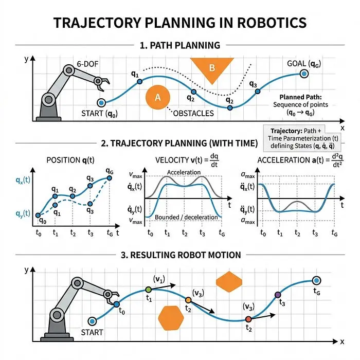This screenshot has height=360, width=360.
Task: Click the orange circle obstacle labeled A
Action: point(158,97)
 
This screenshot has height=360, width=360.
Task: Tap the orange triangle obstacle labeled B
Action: point(212,68)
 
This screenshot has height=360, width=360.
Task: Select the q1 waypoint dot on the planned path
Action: point(139,81)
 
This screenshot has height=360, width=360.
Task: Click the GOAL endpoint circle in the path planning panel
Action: point(304,74)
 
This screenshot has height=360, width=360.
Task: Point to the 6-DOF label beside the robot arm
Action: point(87,64)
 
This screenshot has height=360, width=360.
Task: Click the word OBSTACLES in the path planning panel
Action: point(193,114)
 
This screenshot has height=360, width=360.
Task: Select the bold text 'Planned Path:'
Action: point(300,97)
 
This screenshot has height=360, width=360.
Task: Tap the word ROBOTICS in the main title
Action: point(272,23)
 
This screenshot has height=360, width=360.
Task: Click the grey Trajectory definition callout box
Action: point(301,138)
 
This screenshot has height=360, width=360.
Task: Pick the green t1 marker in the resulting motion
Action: point(149,290)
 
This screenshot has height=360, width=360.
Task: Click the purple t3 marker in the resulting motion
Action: point(278,295)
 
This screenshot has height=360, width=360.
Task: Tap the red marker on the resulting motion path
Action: point(248,319)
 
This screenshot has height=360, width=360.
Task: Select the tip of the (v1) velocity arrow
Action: point(176,285)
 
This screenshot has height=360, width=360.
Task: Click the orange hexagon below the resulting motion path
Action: point(171,318)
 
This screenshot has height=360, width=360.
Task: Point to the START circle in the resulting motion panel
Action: point(92,321)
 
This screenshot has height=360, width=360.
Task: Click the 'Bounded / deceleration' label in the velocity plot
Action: point(186,217)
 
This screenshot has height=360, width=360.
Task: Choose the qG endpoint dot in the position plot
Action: point(110,178)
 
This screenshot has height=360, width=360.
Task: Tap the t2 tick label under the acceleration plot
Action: point(297,233)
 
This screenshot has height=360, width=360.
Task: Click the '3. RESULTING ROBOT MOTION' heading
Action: point(181,255)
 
